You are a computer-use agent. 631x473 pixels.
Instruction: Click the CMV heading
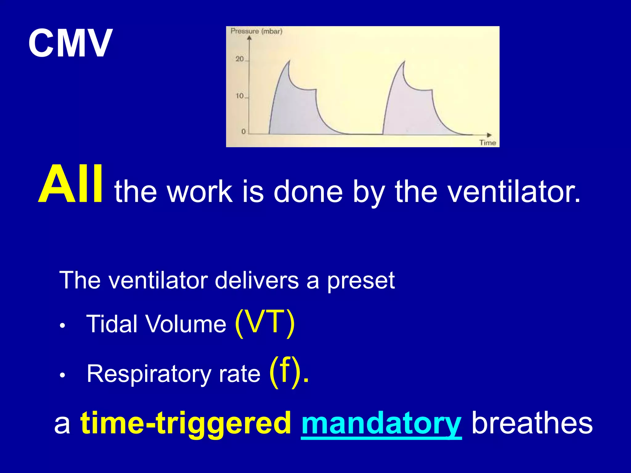[x=70, y=43]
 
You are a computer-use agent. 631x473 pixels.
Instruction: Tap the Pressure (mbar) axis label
[x=256, y=31]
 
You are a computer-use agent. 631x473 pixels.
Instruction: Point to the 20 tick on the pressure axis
[x=240, y=59]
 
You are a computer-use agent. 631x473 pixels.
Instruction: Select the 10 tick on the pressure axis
[x=240, y=96]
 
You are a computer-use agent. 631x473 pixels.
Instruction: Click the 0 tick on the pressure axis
[x=243, y=132]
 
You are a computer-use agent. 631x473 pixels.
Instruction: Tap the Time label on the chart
[x=487, y=143]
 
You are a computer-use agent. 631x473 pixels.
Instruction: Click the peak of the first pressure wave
[x=289, y=62]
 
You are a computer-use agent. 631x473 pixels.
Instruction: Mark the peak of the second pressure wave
[x=404, y=62]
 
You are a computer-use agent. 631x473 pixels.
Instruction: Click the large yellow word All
[x=70, y=185]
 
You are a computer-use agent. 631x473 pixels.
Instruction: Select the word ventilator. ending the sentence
[x=514, y=192]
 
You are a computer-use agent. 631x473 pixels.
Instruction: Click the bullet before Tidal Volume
[x=63, y=326]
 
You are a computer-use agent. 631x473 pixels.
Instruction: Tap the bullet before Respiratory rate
[x=63, y=375]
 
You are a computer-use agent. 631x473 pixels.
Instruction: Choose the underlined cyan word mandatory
[x=381, y=423]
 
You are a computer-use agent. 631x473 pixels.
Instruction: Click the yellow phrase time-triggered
[x=185, y=423]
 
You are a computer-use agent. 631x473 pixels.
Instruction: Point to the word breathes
[x=532, y=423]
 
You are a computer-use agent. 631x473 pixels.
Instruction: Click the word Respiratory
[x=149, y=374]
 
